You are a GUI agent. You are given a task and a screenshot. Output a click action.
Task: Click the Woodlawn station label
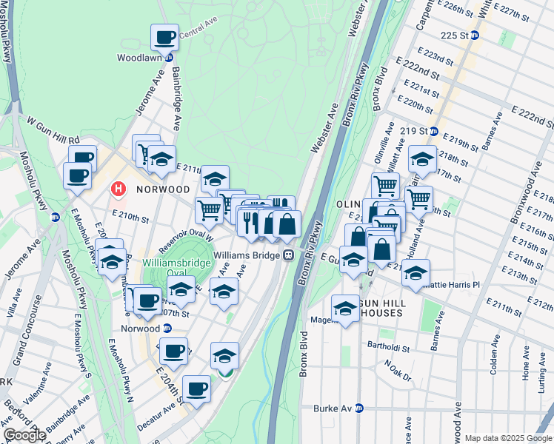click(x=135, y=57)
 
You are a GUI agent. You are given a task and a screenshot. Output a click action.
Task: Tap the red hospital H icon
click(x=118, y=189)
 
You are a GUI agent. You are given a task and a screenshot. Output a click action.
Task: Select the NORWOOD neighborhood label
click(x=163, y=189)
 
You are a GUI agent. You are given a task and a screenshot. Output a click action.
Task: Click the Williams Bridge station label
click(x=246, y=254)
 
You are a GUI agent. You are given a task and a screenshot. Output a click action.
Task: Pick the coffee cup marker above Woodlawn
click(x=165, y=37)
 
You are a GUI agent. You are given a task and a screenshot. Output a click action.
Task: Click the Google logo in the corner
click(x=24, y=435)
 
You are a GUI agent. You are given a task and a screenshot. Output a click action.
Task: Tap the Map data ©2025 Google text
click(x=508, y=438)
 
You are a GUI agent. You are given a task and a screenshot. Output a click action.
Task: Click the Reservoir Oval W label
click(x=190, y=234)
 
